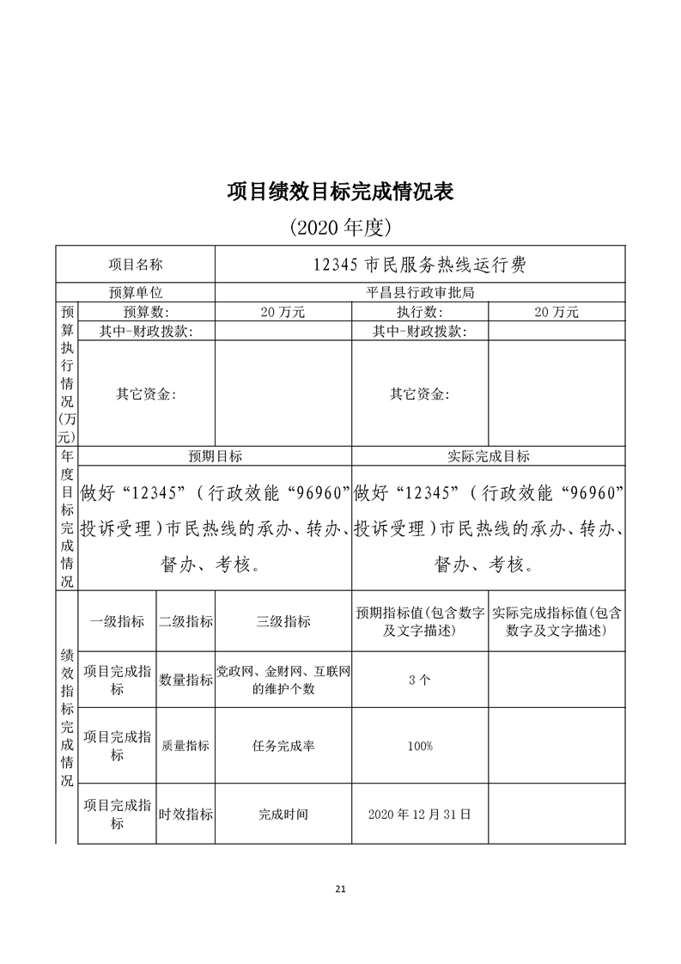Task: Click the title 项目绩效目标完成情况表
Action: [340, 191]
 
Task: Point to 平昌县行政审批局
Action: [419, 292]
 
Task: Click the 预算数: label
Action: [146, 312]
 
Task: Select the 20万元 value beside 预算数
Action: [283, 312]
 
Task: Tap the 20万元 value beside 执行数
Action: [556, 312]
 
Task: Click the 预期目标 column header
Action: [215, 456]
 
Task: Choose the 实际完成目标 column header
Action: [489, 456]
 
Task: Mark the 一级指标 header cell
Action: [117, 621]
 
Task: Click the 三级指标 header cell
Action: [283, 621]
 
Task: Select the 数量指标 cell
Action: [185, 680]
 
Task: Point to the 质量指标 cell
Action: [185, 746]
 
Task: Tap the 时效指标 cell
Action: [185, 814]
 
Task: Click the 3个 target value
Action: [419, 680]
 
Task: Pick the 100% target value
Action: [419, 746]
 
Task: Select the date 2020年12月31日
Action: [419, 814]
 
